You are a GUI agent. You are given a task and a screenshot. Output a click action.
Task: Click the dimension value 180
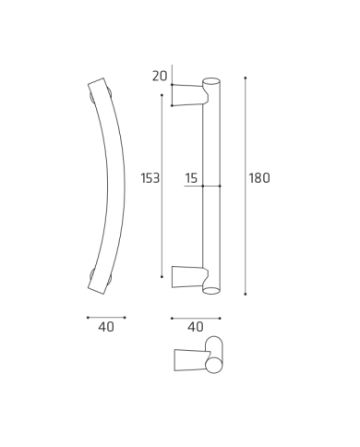(x=259, y=178)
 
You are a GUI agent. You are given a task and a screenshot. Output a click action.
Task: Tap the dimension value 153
(x=150, y=178)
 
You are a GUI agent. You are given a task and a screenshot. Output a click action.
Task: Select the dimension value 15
(x=191, y=178)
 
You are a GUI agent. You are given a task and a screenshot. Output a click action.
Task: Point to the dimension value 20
(x=160, y=76)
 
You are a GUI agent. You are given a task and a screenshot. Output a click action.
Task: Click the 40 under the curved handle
(x=106, y=327)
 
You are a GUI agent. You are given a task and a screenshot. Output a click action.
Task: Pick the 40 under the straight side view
(x=196, y=327)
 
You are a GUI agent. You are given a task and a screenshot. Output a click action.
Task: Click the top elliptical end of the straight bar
(x=211, y=81)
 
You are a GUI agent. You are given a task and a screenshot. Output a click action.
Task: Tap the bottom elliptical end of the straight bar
(x=211, y=290)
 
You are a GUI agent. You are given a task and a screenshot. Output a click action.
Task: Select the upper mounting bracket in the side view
(x=190, y=95)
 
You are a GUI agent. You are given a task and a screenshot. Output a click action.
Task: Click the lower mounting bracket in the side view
(x=190, y=277)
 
